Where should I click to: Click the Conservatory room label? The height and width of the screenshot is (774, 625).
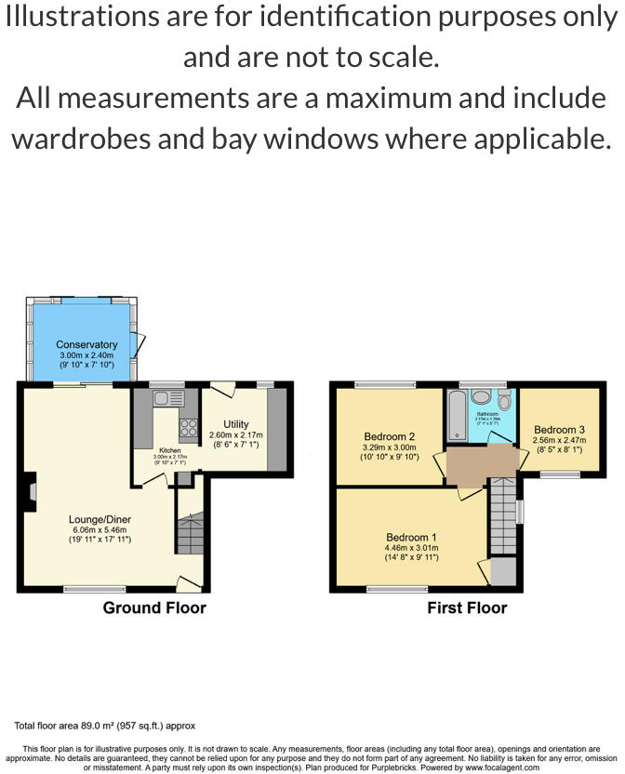(x=86, y=345)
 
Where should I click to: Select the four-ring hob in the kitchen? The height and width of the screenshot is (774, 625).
(x=188, y=428)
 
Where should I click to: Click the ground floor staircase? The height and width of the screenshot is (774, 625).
(x=190, y=535)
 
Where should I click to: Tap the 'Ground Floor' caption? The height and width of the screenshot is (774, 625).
(x=154, y=608)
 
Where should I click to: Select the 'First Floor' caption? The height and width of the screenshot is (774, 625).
(x=467, y=608)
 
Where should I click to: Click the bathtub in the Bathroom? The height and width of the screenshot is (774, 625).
(x=456, y=416)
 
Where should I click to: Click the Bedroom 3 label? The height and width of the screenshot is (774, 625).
(x=559, y=430)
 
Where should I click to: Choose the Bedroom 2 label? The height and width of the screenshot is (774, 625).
(x=389, y=436)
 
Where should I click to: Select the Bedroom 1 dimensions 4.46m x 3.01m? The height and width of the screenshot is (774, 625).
(x=412, y=548)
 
